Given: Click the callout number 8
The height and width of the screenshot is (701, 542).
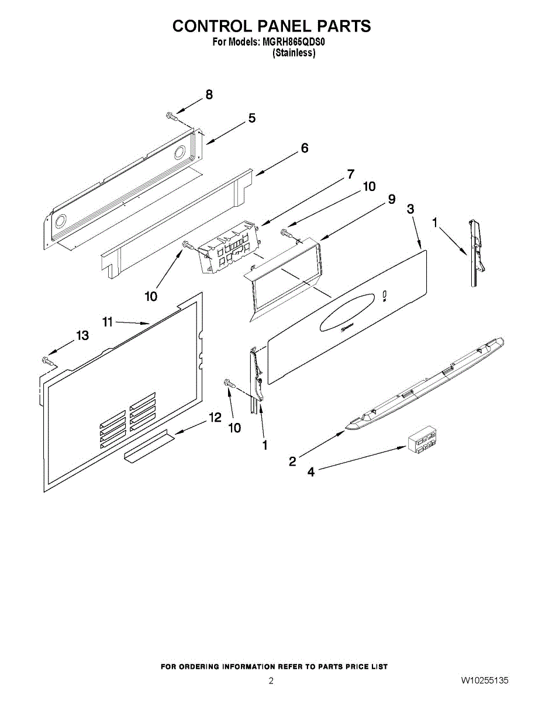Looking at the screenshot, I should [x=209, y=96].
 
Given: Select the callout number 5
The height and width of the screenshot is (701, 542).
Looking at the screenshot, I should [x=252, y=119].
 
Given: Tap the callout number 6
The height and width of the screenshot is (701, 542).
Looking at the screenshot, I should [x=304, y=148].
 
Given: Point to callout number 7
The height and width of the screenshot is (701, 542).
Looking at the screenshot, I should [x=351, y=174].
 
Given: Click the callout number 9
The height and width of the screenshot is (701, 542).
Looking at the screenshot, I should [x=391, y=199].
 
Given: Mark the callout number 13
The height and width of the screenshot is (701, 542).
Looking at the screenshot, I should [x=82, y=335].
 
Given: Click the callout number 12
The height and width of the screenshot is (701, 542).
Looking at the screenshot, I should [x=215, y=418].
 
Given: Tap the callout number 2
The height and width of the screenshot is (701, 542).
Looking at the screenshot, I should [x=292, y=461].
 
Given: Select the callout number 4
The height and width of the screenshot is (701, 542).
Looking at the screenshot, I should [x=311, y=472].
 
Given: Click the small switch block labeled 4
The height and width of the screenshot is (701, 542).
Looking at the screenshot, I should [x=422, y=439].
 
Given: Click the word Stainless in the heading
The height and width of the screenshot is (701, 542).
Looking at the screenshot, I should [x=294, y=53].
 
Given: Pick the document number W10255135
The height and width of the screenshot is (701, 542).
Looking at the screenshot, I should [x=484, y=681].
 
